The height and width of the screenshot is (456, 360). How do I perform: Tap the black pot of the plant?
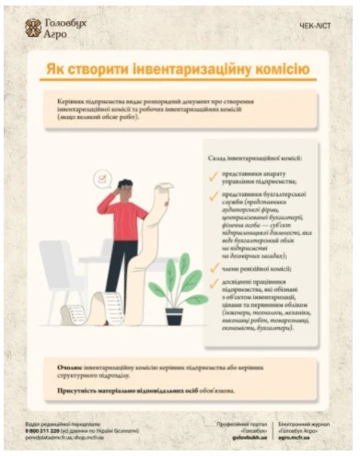[x=174, y=316]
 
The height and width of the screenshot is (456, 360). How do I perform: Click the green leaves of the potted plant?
[x=175, y=281]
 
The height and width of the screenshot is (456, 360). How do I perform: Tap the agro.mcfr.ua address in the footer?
[x=308, y=438]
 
